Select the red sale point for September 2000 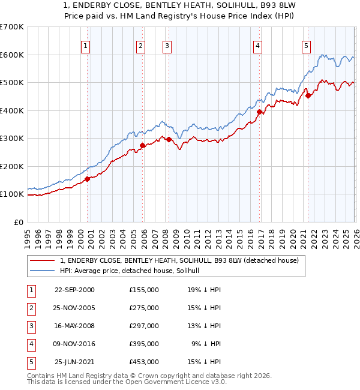pos(88,179)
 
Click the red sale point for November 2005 pos(143,145)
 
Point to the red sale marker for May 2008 pos(169,139)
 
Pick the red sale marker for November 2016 pos(259,112)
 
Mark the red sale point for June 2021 pos(308,95)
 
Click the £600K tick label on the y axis pos(12,55)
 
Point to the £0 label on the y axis pos(19,222)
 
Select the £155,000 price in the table pos(144,290)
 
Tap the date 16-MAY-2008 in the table pos(74,326)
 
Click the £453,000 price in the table pos(144,362)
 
